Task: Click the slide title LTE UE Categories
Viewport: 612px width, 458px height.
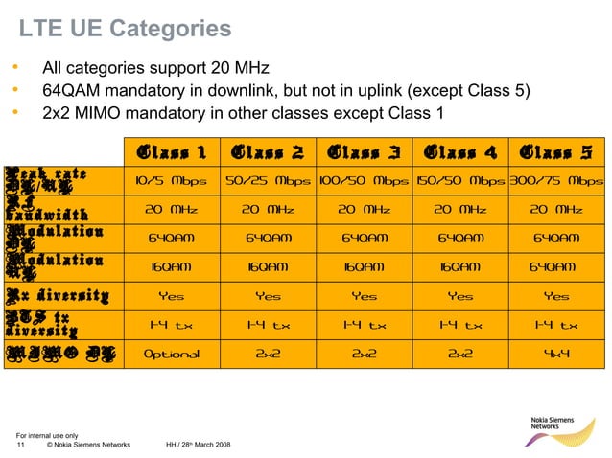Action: click(x=126, y=30)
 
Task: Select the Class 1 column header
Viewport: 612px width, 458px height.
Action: click(x=172, y=152)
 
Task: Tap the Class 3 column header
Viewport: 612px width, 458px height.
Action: click(x=364, y=152)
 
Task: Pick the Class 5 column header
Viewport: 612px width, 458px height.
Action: click(x=556, y=152)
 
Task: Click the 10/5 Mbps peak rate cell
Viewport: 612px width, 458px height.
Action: click(x=172, y=180)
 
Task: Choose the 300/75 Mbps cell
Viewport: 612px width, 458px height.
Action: click(x=556, y=180)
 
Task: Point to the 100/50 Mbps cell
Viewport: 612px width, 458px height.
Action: click(x=364, y=180)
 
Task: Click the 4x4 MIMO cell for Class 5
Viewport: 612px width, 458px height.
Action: click(x=556, y=354)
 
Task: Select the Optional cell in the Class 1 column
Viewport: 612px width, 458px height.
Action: click(x=172, y=354)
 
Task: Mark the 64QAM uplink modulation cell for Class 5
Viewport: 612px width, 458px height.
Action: click(x=556, y=267)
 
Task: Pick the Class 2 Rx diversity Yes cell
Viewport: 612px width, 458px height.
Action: click(x=268, y=296)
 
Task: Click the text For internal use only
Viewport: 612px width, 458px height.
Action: click(x=47, y=436)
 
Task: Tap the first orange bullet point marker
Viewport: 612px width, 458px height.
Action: click(x=14, y=68)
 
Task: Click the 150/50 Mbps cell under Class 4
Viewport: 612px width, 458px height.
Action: click(x=460, y=180)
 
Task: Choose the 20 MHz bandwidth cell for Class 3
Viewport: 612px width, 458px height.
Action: click(x=364, y=209)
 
